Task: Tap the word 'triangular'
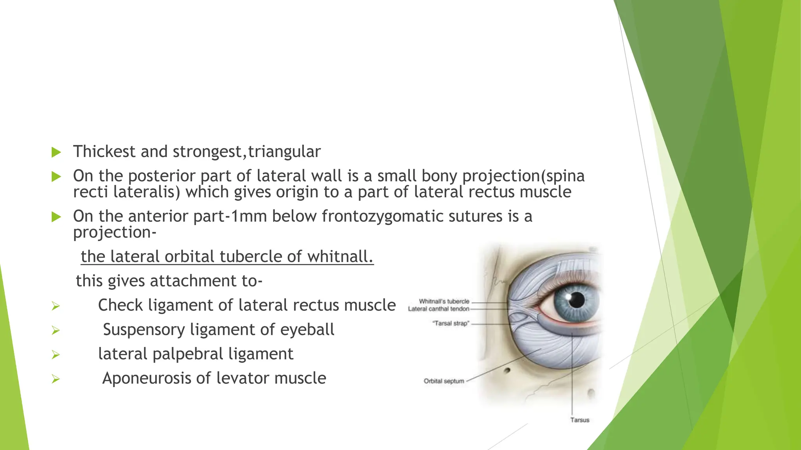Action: pos(284,152)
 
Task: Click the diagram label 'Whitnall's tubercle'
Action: pos(444,301)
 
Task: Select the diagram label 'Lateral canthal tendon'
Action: pos(438,309)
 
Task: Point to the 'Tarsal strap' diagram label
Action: pos(451,323)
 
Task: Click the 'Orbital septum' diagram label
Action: pos(444,381)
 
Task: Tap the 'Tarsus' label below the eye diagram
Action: pos(580,420)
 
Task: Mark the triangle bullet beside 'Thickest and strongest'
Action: pos(56,152)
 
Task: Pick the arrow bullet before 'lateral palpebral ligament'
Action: pos(56,355)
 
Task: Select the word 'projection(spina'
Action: pos(523,176)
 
